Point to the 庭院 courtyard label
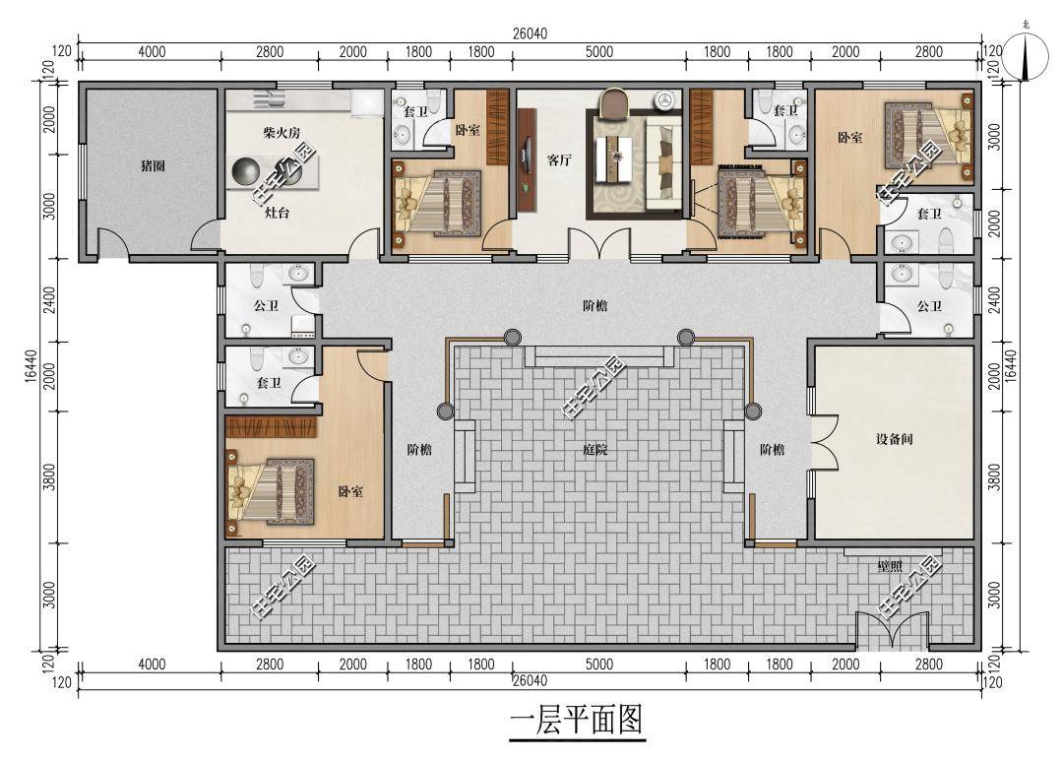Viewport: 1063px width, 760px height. click(x=594, y=450)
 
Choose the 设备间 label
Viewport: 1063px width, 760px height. click(x=895, y=439)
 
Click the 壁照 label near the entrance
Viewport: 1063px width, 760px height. click(x=890, y=566)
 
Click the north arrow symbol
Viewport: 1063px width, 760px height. click(x=1027, y=54)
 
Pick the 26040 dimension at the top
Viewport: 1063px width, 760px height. click(x=530, y=32)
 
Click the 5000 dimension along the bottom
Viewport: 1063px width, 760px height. click(x=598, y=665)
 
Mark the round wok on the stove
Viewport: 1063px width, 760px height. click(x=245, y=172)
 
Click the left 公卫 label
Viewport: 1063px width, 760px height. click(x=266, y=306)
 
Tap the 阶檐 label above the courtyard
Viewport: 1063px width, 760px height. click(x=594, y=306)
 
